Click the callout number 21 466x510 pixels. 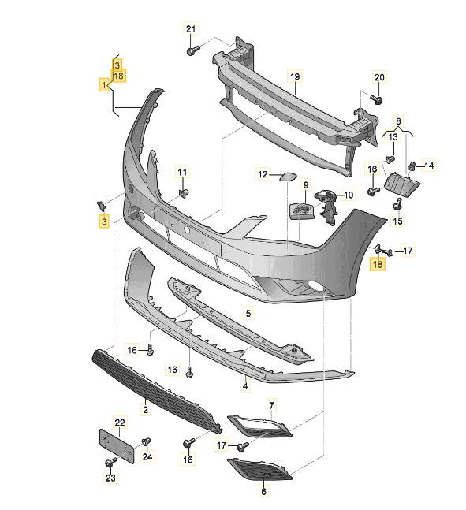pos(189,29)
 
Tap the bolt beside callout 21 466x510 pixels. pos(191,50)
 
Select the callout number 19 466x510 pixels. pos(295,76)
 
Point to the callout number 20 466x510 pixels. pos(378,77)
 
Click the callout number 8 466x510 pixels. pos(399,122)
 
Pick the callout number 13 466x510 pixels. pos(392,137)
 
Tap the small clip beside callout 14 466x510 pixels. pos(412,166)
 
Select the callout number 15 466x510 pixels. pos(397,221)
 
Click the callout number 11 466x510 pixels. pos(182,172)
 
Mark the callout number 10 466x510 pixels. pos(348,194)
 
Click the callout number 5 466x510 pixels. pos(248,314)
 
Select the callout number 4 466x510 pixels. pos(244,386)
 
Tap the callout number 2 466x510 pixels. pos(145,410)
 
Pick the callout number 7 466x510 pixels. pos(271,405)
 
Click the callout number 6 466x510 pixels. pos(264,491)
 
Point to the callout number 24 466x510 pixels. pos(147,456)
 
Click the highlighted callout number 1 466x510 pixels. pos(103,84)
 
